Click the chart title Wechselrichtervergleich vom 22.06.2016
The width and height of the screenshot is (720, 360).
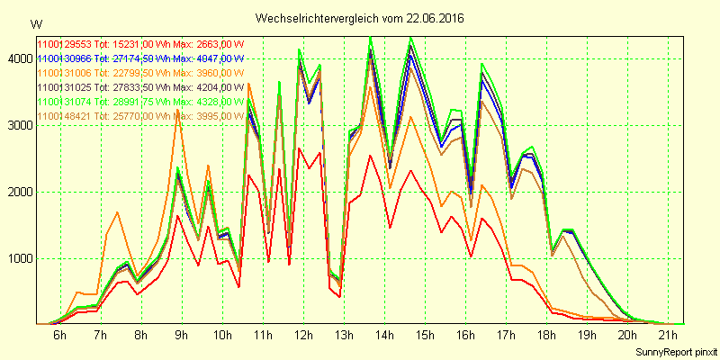(x=360, y=18)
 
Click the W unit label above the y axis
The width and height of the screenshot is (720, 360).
(x=36, y=23)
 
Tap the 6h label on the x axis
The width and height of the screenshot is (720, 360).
(x=59, y=336)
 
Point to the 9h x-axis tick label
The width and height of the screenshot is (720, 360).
(x=181, y=336)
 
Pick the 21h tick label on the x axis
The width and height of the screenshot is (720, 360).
(x=667, y=336)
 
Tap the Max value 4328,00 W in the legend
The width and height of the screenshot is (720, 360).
(x=220, y=102)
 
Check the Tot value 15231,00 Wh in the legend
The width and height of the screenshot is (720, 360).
(x=132, y=43)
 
